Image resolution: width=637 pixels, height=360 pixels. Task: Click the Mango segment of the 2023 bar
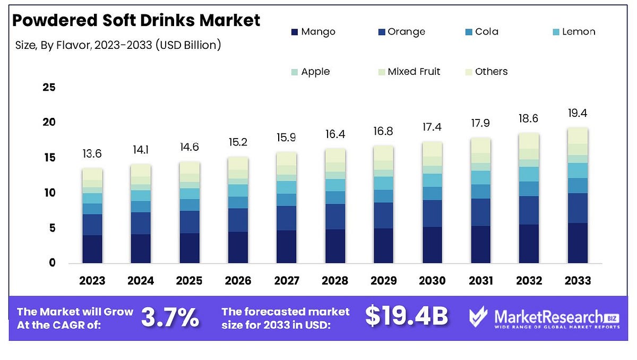pos(92,249)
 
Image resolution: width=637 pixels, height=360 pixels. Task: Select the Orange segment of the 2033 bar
pos(578,208)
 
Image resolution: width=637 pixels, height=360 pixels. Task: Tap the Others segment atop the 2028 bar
pos(335,156)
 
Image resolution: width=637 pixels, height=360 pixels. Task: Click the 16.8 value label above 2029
pos(384,132)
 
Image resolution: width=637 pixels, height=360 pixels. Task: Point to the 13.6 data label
pos(92,154)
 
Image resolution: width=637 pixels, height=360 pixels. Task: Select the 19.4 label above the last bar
pos(578,113)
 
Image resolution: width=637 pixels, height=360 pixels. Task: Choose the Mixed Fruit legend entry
pos(408,72)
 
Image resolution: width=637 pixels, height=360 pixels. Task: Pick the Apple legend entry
pos(309,72)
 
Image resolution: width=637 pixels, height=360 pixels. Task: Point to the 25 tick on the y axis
pos(49,87)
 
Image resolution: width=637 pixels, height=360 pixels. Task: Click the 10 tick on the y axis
pos(49,193)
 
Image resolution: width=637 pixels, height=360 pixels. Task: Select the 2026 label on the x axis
pos(238,280)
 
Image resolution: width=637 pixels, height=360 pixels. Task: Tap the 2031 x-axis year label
pos(481,280)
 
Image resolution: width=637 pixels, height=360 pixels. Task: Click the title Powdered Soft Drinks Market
pos(136,20)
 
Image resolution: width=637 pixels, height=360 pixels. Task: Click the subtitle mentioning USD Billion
pos(118,45)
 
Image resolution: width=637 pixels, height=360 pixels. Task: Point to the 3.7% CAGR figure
pos(170,318)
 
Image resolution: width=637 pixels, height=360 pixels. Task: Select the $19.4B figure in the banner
pos(407,317)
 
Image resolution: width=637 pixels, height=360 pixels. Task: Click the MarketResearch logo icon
pos(478,317)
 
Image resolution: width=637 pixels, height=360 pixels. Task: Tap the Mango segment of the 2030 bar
pos(432,245)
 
